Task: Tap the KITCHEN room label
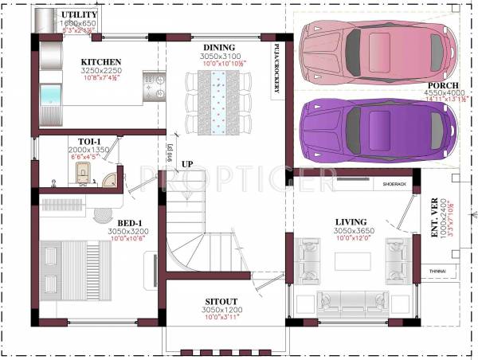click(x=100, y=61)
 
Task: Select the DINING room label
click(x=218, y=48)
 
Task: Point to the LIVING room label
click(x=351, y=221)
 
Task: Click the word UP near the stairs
click(x=187, y=164)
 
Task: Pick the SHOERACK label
click(x=394, y=184)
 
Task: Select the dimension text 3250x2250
click(x=100, y=70)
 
